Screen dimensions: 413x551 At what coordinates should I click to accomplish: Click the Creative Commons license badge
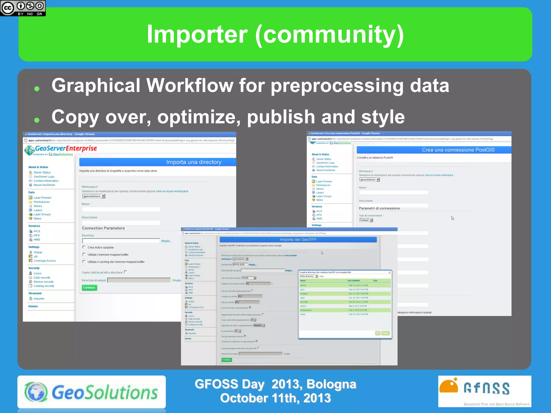pos(23,8)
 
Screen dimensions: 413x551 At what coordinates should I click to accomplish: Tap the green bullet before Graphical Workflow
pos(37,89)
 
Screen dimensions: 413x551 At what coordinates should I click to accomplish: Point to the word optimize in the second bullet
pos(199,117)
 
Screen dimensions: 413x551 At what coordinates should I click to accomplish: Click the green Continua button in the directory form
pos(89,288)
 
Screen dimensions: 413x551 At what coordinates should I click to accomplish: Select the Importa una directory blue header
pos(194,162)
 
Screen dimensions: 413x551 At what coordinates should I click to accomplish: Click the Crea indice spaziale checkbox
pos(84,247)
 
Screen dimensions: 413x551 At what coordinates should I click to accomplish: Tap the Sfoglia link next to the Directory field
pos(166,241)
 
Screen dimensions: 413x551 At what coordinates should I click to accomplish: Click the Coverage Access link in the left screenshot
pos(45,261)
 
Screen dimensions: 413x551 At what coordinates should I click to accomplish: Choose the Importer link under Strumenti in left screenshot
pos(39,299)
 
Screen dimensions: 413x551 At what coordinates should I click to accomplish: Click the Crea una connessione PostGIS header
pos(458,150)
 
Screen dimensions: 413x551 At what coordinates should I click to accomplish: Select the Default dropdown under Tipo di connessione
pos(366,220)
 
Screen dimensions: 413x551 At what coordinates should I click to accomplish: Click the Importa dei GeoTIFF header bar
pos(298,240)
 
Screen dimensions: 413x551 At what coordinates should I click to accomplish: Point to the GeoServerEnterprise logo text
pos(66,148)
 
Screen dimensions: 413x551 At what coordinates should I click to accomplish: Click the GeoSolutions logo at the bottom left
pos(91,392)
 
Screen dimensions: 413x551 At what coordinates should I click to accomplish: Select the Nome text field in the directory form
pos(121,209)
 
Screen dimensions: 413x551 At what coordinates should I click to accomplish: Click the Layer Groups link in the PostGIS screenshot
pos(324,196)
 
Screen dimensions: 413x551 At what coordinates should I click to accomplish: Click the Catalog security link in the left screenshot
pos(44,286)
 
